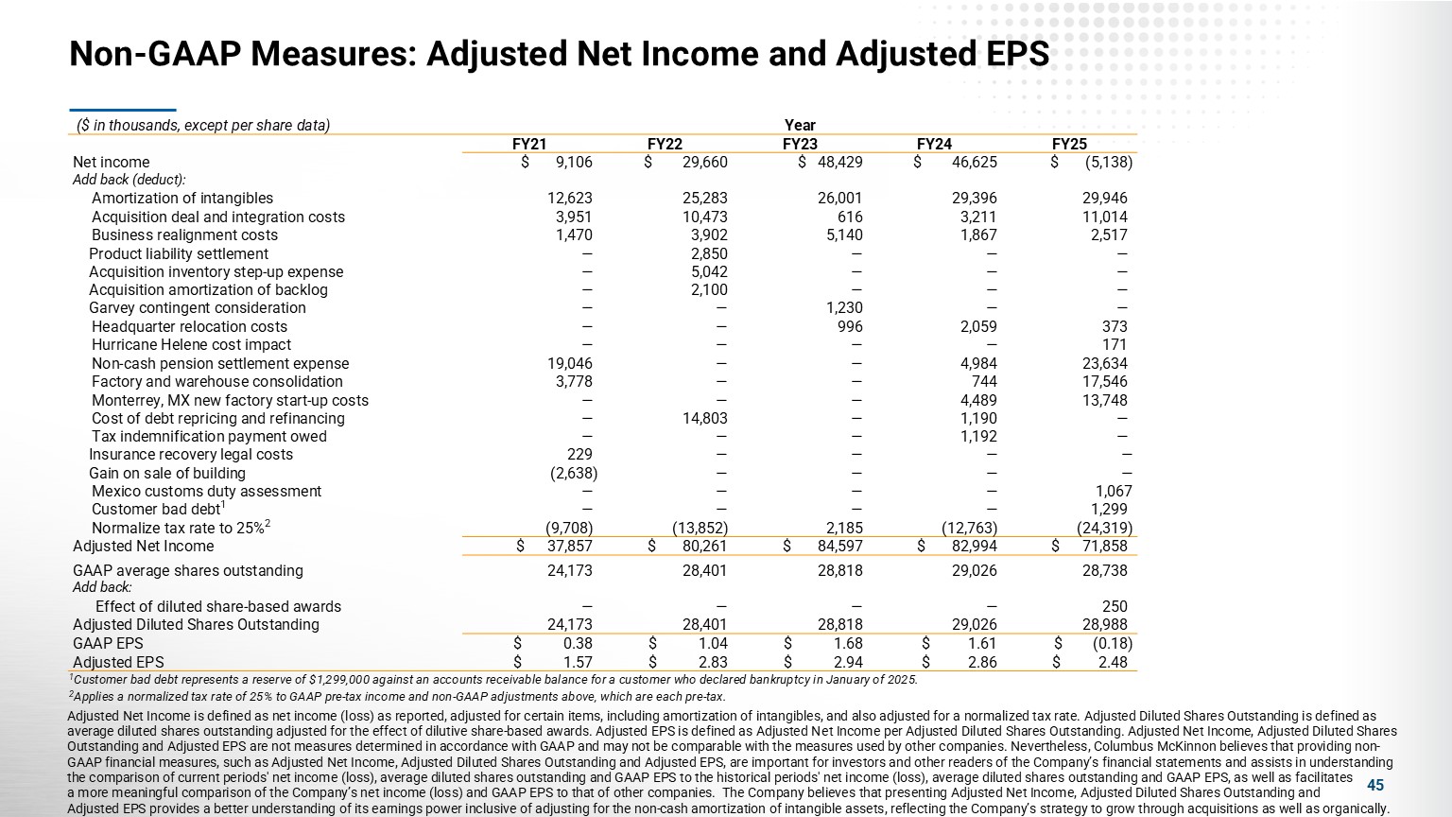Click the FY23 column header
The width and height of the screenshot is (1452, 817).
click(800, 144)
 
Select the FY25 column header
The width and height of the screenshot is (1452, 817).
click(1069, 144)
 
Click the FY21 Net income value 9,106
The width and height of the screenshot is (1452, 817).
click(574, 162)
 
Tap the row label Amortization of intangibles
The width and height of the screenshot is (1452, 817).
click(181, 199)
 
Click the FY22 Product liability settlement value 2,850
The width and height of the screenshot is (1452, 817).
click(709, 253)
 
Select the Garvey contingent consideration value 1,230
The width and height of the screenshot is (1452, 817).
click(843, 308)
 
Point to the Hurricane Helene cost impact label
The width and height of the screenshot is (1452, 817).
click(191, 345)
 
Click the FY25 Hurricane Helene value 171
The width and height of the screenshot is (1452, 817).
click(1115, 345)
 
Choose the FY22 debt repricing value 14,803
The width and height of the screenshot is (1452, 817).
click(705, 418)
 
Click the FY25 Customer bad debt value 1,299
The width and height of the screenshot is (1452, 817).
click(1109, 510)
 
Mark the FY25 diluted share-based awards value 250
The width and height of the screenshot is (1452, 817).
click(1115, 607)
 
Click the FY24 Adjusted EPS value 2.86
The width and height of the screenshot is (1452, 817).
click(982, 663)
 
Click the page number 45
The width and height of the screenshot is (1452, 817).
click(1375, 786)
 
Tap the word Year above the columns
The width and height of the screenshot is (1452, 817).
click(800, 126)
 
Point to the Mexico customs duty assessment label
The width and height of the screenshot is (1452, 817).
click(206, 492)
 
